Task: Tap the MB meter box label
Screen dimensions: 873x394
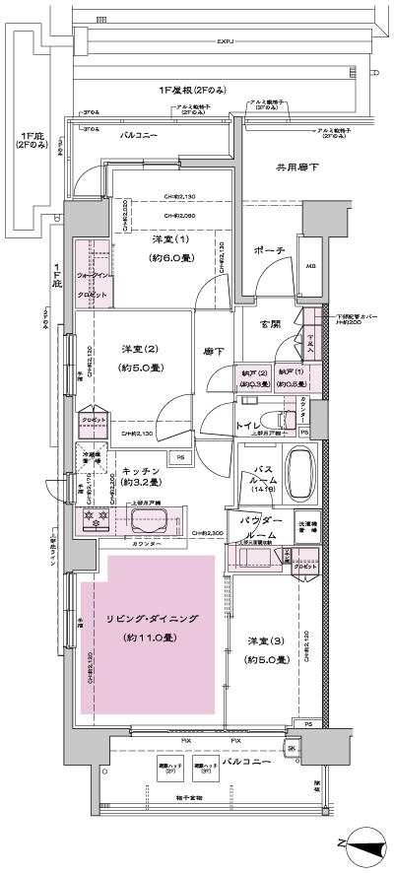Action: click(309, 265)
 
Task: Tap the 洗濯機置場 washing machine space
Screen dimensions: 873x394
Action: click(309, 527)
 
